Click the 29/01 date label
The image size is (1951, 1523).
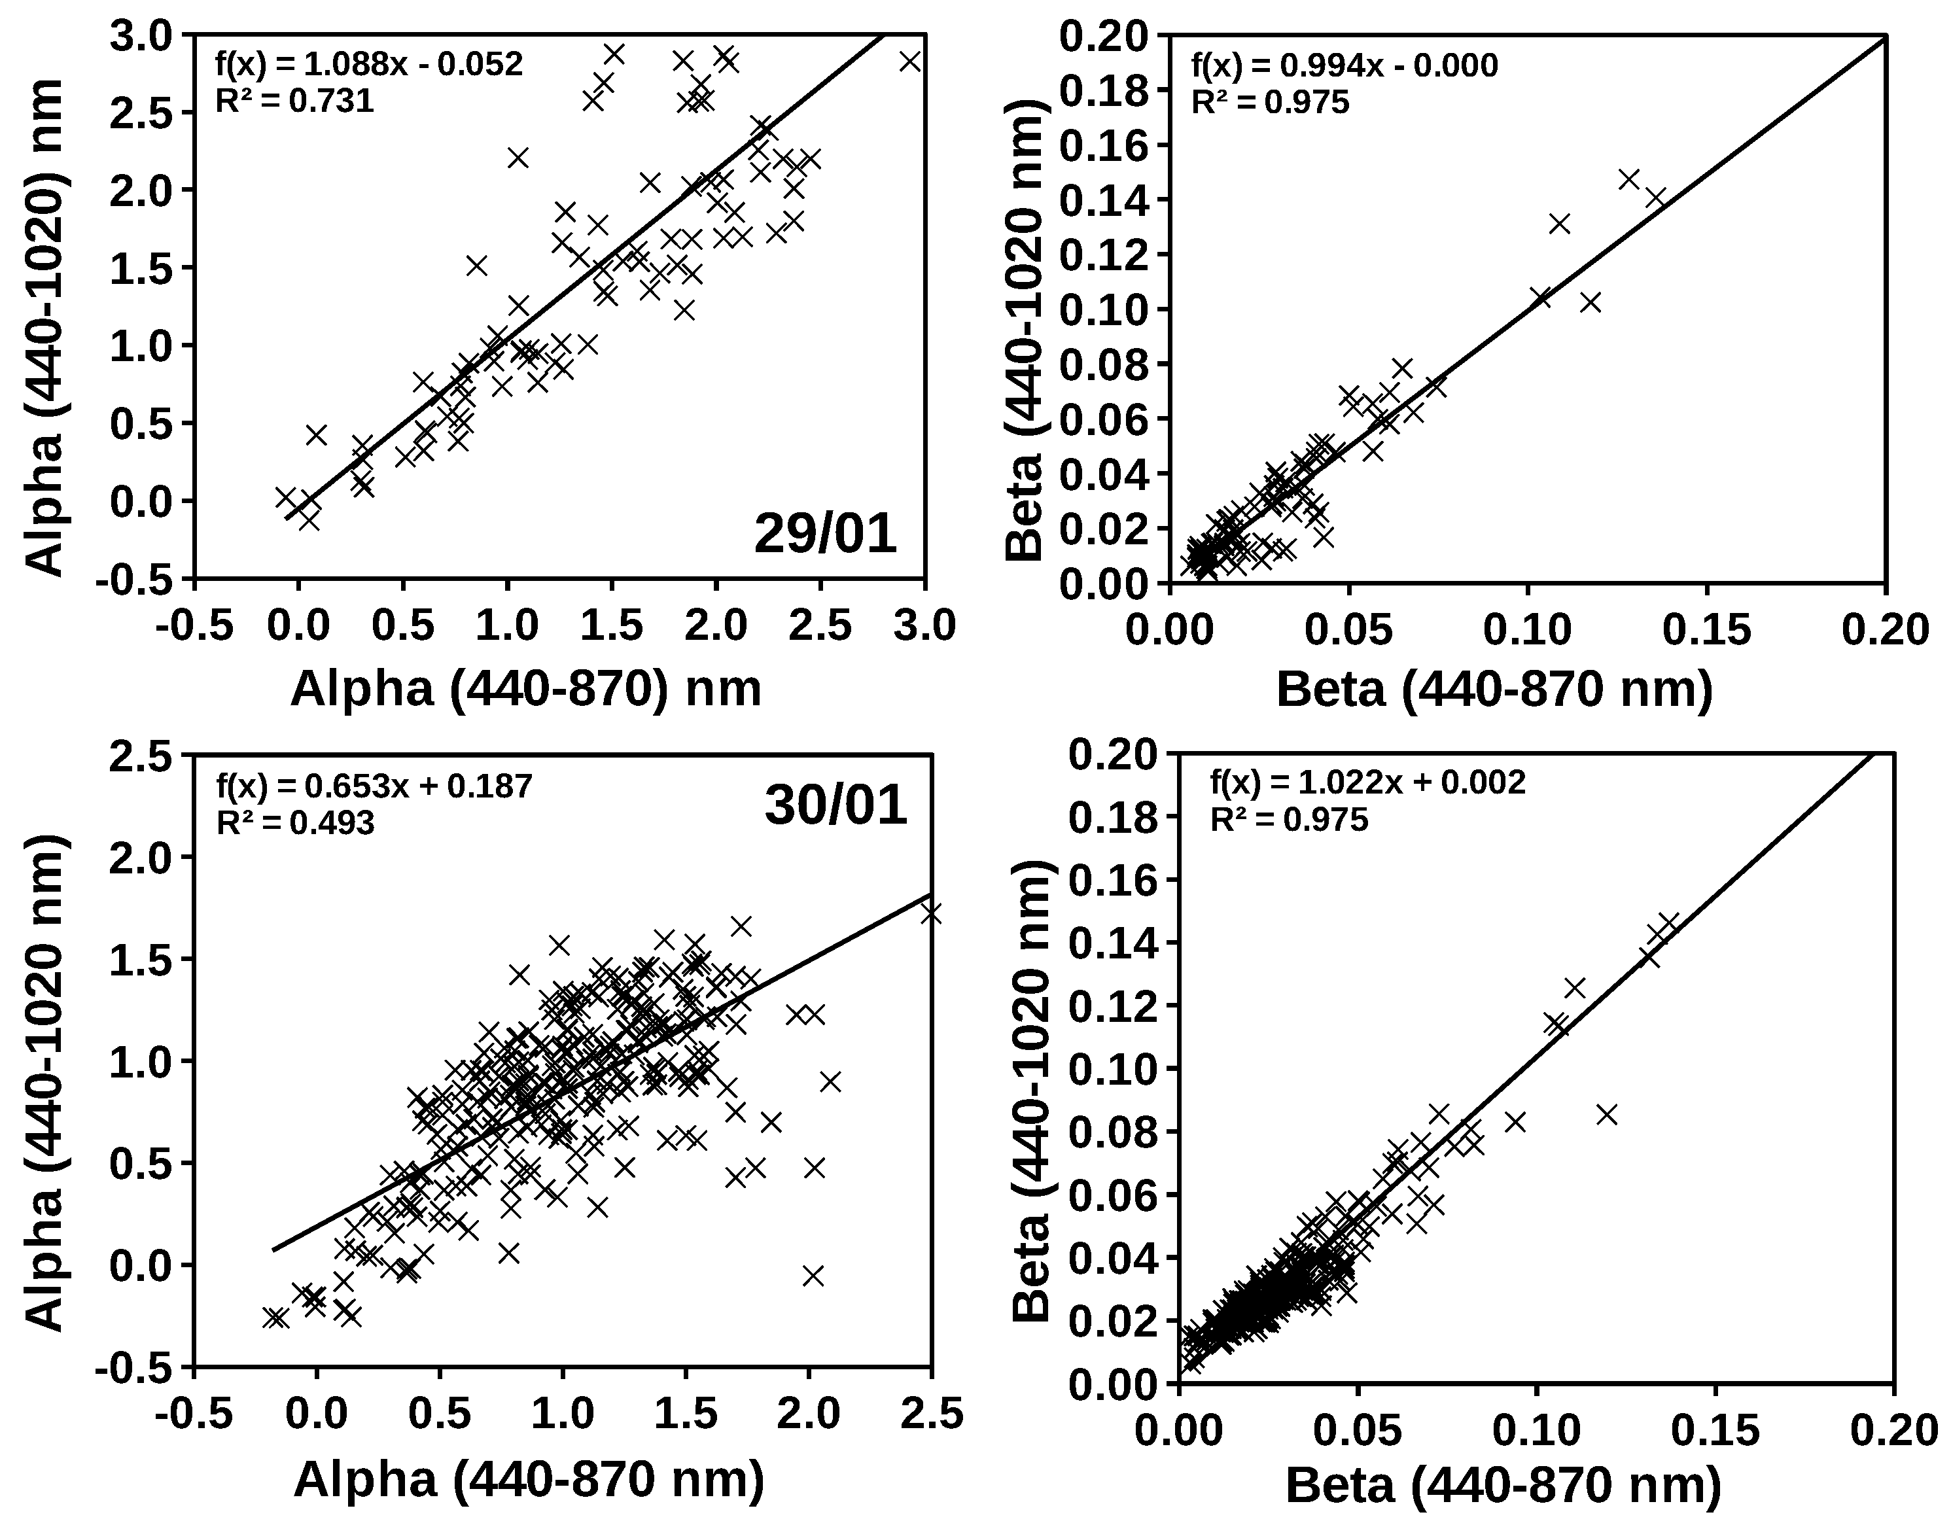[824, 534]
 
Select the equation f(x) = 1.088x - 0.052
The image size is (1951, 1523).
[369, 64]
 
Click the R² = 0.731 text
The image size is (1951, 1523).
[295, 101]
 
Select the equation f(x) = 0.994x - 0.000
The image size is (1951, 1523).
[1345, 65]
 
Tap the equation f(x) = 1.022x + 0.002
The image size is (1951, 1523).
[1367, 782]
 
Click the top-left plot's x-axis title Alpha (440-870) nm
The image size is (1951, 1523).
[525, 688]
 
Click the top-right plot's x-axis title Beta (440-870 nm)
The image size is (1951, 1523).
[1494, 689]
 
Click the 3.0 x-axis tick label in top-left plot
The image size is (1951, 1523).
[926, 626]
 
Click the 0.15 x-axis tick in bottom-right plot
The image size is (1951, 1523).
[1714, 1431]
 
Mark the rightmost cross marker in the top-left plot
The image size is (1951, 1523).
[909, 61]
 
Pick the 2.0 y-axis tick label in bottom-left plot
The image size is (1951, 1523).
[144, 856]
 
